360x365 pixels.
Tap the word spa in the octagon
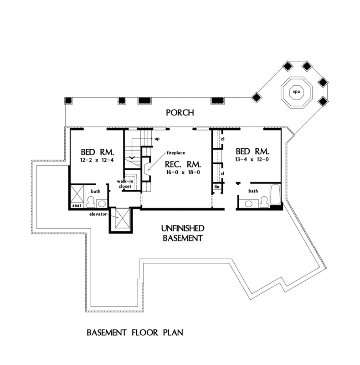click(x=296, y=92)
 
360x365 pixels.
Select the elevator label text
click(x=98, y=214)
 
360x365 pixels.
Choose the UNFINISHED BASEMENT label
click(x=182, y=233)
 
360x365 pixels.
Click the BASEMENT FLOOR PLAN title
click(x=134, y=332)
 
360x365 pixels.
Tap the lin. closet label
click(x=217, y=187)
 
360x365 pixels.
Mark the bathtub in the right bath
click(x=275, y=195)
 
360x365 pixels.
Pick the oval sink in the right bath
click(x=249, y=203)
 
